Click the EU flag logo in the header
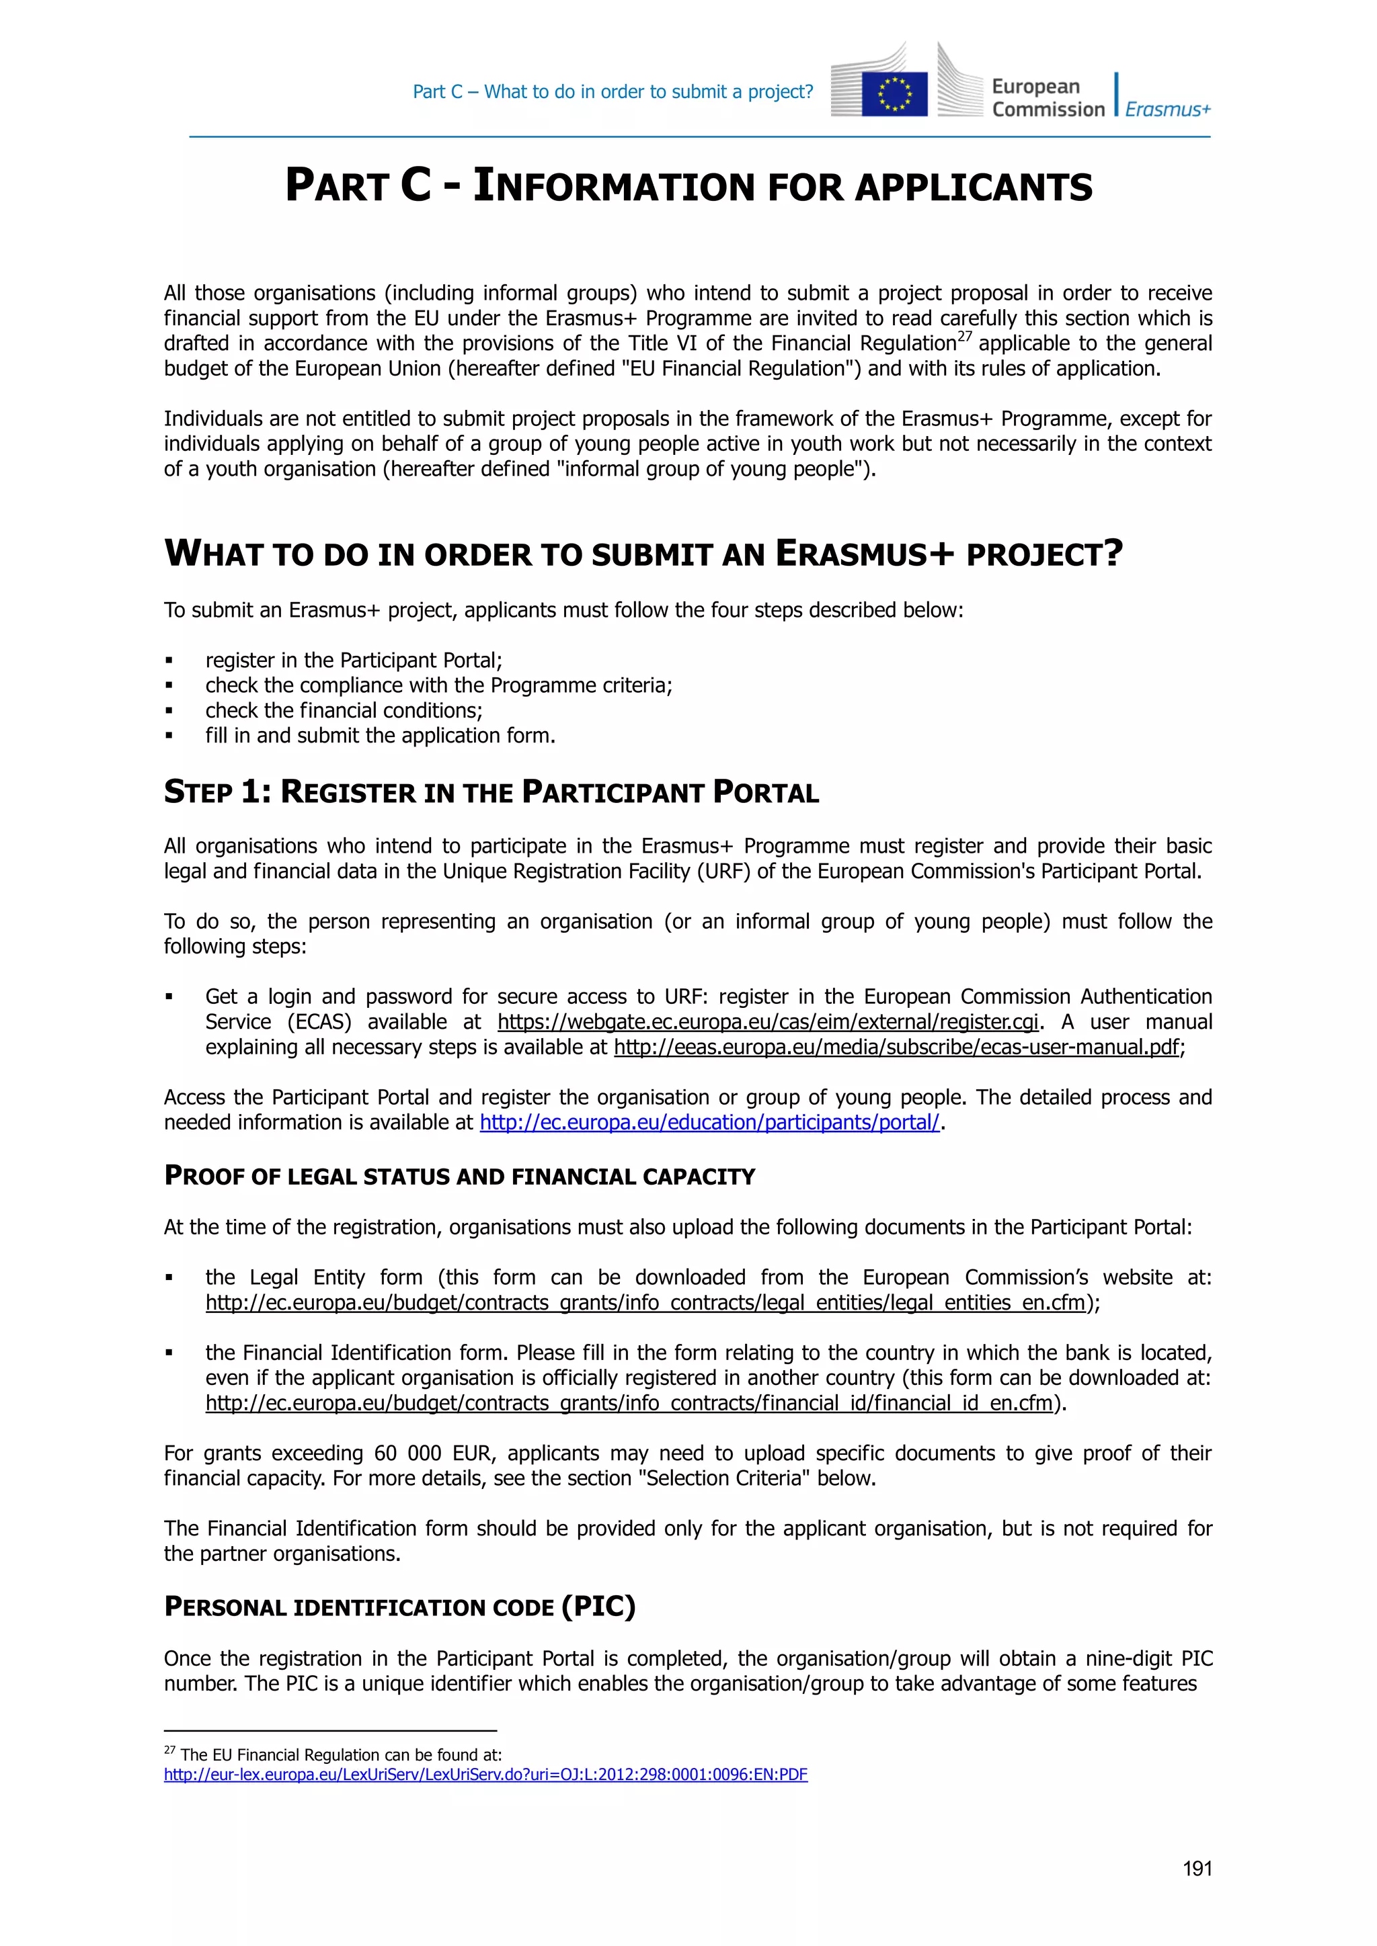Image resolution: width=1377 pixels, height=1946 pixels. [894, 93]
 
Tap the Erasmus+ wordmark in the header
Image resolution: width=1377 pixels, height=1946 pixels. [1168, 110]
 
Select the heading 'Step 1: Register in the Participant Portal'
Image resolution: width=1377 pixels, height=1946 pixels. [491, 792]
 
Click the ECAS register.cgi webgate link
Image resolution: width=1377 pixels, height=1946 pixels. [767, 1022]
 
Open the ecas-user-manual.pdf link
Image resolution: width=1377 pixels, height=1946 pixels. [896, 1048]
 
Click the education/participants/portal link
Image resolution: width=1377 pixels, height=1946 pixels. [710, 1123]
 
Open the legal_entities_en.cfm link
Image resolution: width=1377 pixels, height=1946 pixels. [645, 1303]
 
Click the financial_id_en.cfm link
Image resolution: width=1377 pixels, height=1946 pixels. [628, 1404]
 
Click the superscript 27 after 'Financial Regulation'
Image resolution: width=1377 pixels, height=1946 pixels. [964, 337]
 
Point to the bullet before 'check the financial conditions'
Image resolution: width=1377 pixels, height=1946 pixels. [169, 711]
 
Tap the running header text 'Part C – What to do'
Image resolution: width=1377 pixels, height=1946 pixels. [613, 91]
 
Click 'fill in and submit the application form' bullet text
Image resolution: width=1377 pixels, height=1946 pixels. [380, 736]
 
